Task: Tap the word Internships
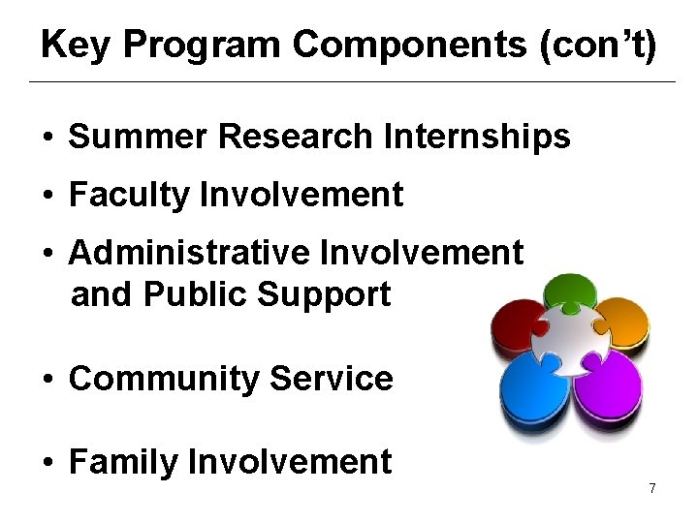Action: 477,138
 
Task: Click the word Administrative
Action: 189,253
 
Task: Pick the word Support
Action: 332,294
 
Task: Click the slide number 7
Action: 652,489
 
